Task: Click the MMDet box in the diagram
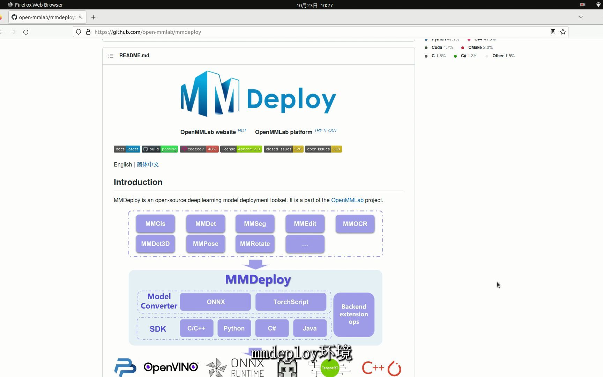[206, 224]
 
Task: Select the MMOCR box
[355, 224]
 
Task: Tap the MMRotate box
[255, 244]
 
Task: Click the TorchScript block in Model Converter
[291, 302]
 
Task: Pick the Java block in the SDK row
[310, 328]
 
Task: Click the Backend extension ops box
[353, 314]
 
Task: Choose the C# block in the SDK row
[272, 328]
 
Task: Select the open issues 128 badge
[323, 149]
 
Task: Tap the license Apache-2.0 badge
[241, 149]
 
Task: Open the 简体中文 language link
[148, 164]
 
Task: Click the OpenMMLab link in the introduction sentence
[347, 200]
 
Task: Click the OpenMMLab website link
[208, 132]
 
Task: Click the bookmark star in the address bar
[563, 32]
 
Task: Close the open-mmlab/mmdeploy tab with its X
[80, 17]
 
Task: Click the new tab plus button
[93, 17]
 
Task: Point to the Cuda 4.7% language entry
[442, 47]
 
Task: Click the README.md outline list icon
[111, 56]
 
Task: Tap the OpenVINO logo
[171, 367]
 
